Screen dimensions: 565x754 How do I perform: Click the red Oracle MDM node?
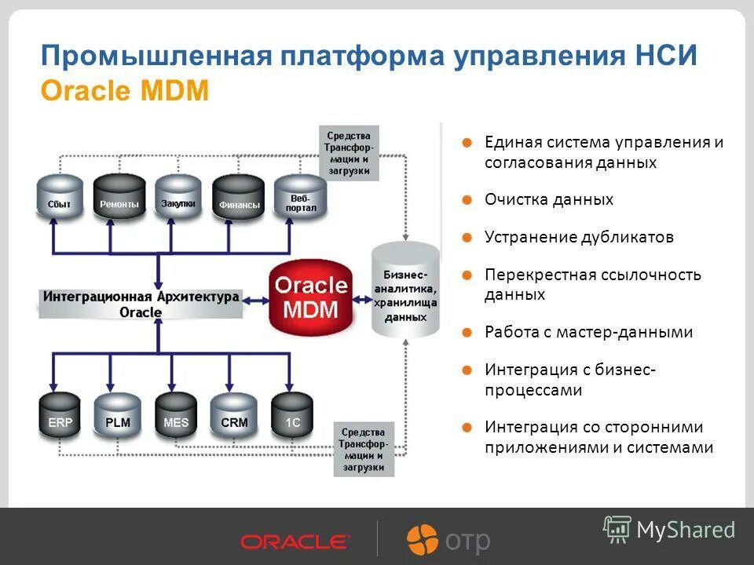point(309,297)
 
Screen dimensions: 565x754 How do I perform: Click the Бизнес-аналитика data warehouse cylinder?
point(405,290)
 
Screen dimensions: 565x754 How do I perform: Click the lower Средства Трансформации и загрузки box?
point(364,449)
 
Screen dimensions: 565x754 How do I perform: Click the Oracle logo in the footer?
point(295,541)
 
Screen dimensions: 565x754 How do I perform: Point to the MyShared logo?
point(669,530)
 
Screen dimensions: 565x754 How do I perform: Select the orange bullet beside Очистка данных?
point(466,200)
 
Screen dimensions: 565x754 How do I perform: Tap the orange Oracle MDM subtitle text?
point(124,91)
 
